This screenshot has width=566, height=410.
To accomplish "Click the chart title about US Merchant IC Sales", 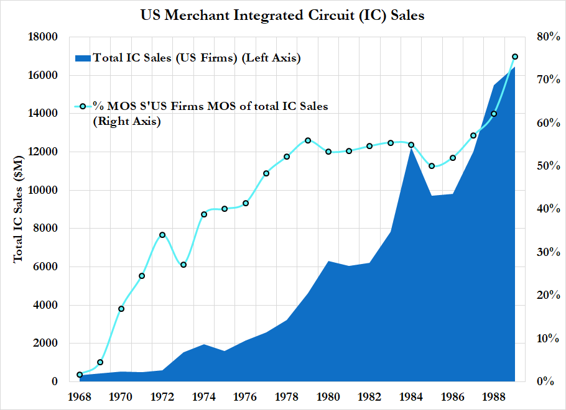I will pyautogui.click(x=283, y=16).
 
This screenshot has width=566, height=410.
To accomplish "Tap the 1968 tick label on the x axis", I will pyautogui.click(x=80, y=396).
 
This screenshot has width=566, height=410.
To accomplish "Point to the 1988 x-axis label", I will pyautogui.click(x=494, y=396).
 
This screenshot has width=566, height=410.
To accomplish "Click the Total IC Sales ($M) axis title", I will pyautogui.click(x=19, y=209).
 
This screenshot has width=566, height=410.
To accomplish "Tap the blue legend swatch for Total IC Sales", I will pyautogui.click(x=83, y=58).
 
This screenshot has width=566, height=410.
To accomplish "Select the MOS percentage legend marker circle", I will pyautogui.click(x=83, y=106).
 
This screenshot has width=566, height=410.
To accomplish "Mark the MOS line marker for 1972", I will pyautogui.click(x=162, y=235).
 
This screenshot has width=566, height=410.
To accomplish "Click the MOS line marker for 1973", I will pyautogui.click(x=183, y=265).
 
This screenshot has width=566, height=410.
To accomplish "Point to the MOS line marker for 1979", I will pyautogui.click(x=307, y=140).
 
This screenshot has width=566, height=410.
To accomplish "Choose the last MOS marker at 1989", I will pyautogui.click(x=514, y=57).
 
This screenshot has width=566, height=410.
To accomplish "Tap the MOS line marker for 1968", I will pyautogui.click(x=80, y=375).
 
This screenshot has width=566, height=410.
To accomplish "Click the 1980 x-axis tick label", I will pyautogui.click(x=328, y=396).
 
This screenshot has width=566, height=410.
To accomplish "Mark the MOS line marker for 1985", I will pyautogui.click(x=432, y=166).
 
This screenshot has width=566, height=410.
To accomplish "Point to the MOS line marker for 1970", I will pyautogui.click(x=121, y=309).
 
